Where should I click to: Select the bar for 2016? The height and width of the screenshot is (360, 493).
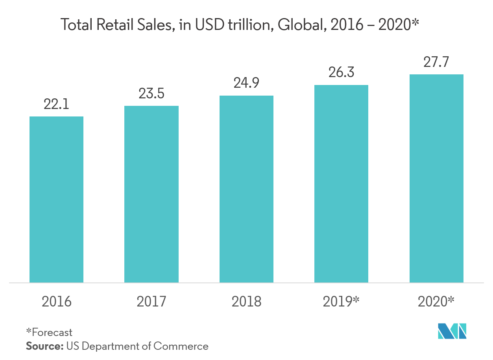tap(56, 199)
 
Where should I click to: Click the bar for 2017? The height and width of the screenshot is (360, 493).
tap(151, 194)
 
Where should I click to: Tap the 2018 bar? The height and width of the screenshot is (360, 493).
tap(246, 189)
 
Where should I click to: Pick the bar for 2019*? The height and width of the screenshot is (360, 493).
tap(341, 184)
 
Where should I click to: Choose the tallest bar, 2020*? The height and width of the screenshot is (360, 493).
tap(436, 178)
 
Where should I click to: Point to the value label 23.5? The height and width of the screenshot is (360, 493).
tap(151, 94)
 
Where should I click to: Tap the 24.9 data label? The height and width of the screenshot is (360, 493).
tap(246, 83)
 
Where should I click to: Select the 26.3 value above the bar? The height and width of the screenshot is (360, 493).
tap(341, 72)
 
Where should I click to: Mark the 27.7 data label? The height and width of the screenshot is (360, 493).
tap(436, 62)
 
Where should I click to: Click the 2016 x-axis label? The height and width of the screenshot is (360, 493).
tap(57, 302)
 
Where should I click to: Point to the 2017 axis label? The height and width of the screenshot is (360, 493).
tap(151, 302)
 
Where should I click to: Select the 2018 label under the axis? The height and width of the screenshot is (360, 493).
tap(246, 302)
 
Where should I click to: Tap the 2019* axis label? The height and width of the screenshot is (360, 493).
tap(341, 302)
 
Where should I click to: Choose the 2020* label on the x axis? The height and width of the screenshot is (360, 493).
tap(436, 302)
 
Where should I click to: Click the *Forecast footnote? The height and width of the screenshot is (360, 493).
tap(49, 332)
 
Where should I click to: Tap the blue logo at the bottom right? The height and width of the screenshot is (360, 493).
tap(452, 331)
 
